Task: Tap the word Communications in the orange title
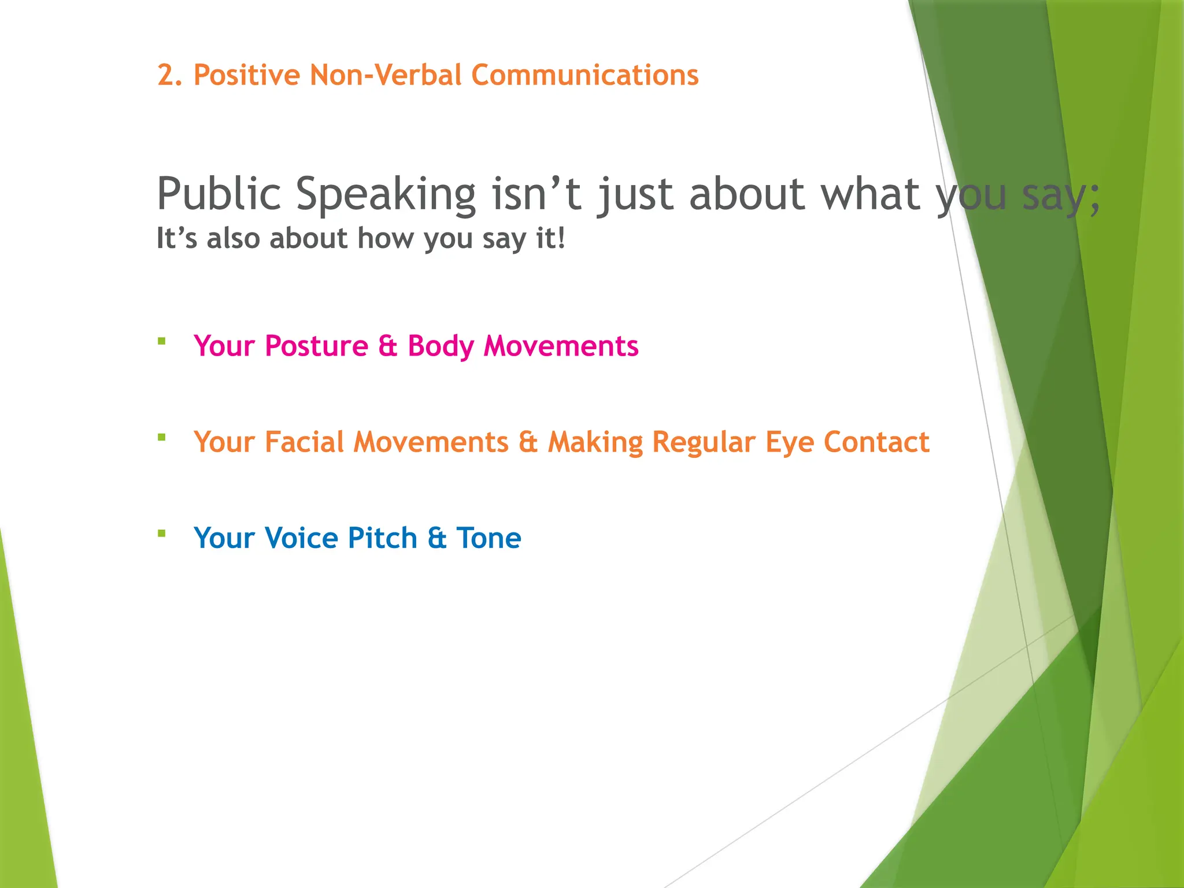[x=584, y=76]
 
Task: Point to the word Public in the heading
[x=219, y=194]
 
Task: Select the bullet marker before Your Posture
[x=162, y=341]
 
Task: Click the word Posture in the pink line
[x=316, y=346]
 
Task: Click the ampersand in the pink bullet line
[x=388, y=346]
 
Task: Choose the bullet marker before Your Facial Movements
[x=162, y=438]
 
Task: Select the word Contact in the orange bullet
[x=876, y=442]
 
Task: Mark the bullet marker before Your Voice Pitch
[x=162, y=534]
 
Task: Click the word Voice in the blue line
[x=301, y=538]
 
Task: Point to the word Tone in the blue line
[x=489, y=538]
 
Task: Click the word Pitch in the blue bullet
[x=382, y=538]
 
